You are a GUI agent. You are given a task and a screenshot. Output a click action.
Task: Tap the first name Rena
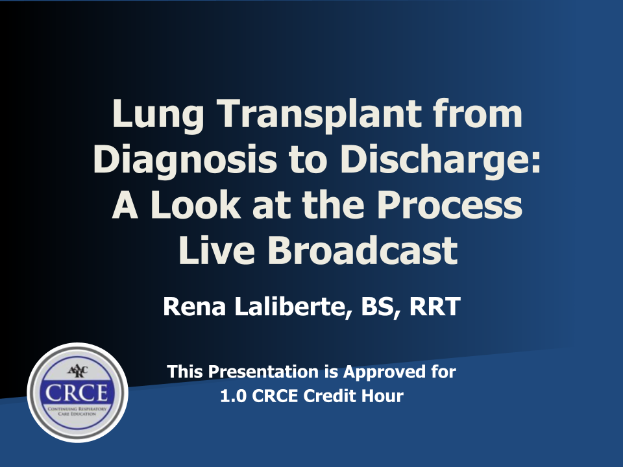click(x=194, y=306)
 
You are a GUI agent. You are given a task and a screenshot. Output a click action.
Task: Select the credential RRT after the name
click(x=435, y=306)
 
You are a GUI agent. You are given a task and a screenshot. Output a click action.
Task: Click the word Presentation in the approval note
click(x=263, y=372)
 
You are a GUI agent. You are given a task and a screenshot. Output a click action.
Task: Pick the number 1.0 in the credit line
click(x=233, y=396)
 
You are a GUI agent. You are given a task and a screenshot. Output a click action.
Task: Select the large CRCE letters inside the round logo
click(x=77, y=393)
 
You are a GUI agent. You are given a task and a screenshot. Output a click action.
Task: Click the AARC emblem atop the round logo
click(x=78, y=372)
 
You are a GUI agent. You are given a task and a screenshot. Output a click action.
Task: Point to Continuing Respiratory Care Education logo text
click(x=77, y=411)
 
